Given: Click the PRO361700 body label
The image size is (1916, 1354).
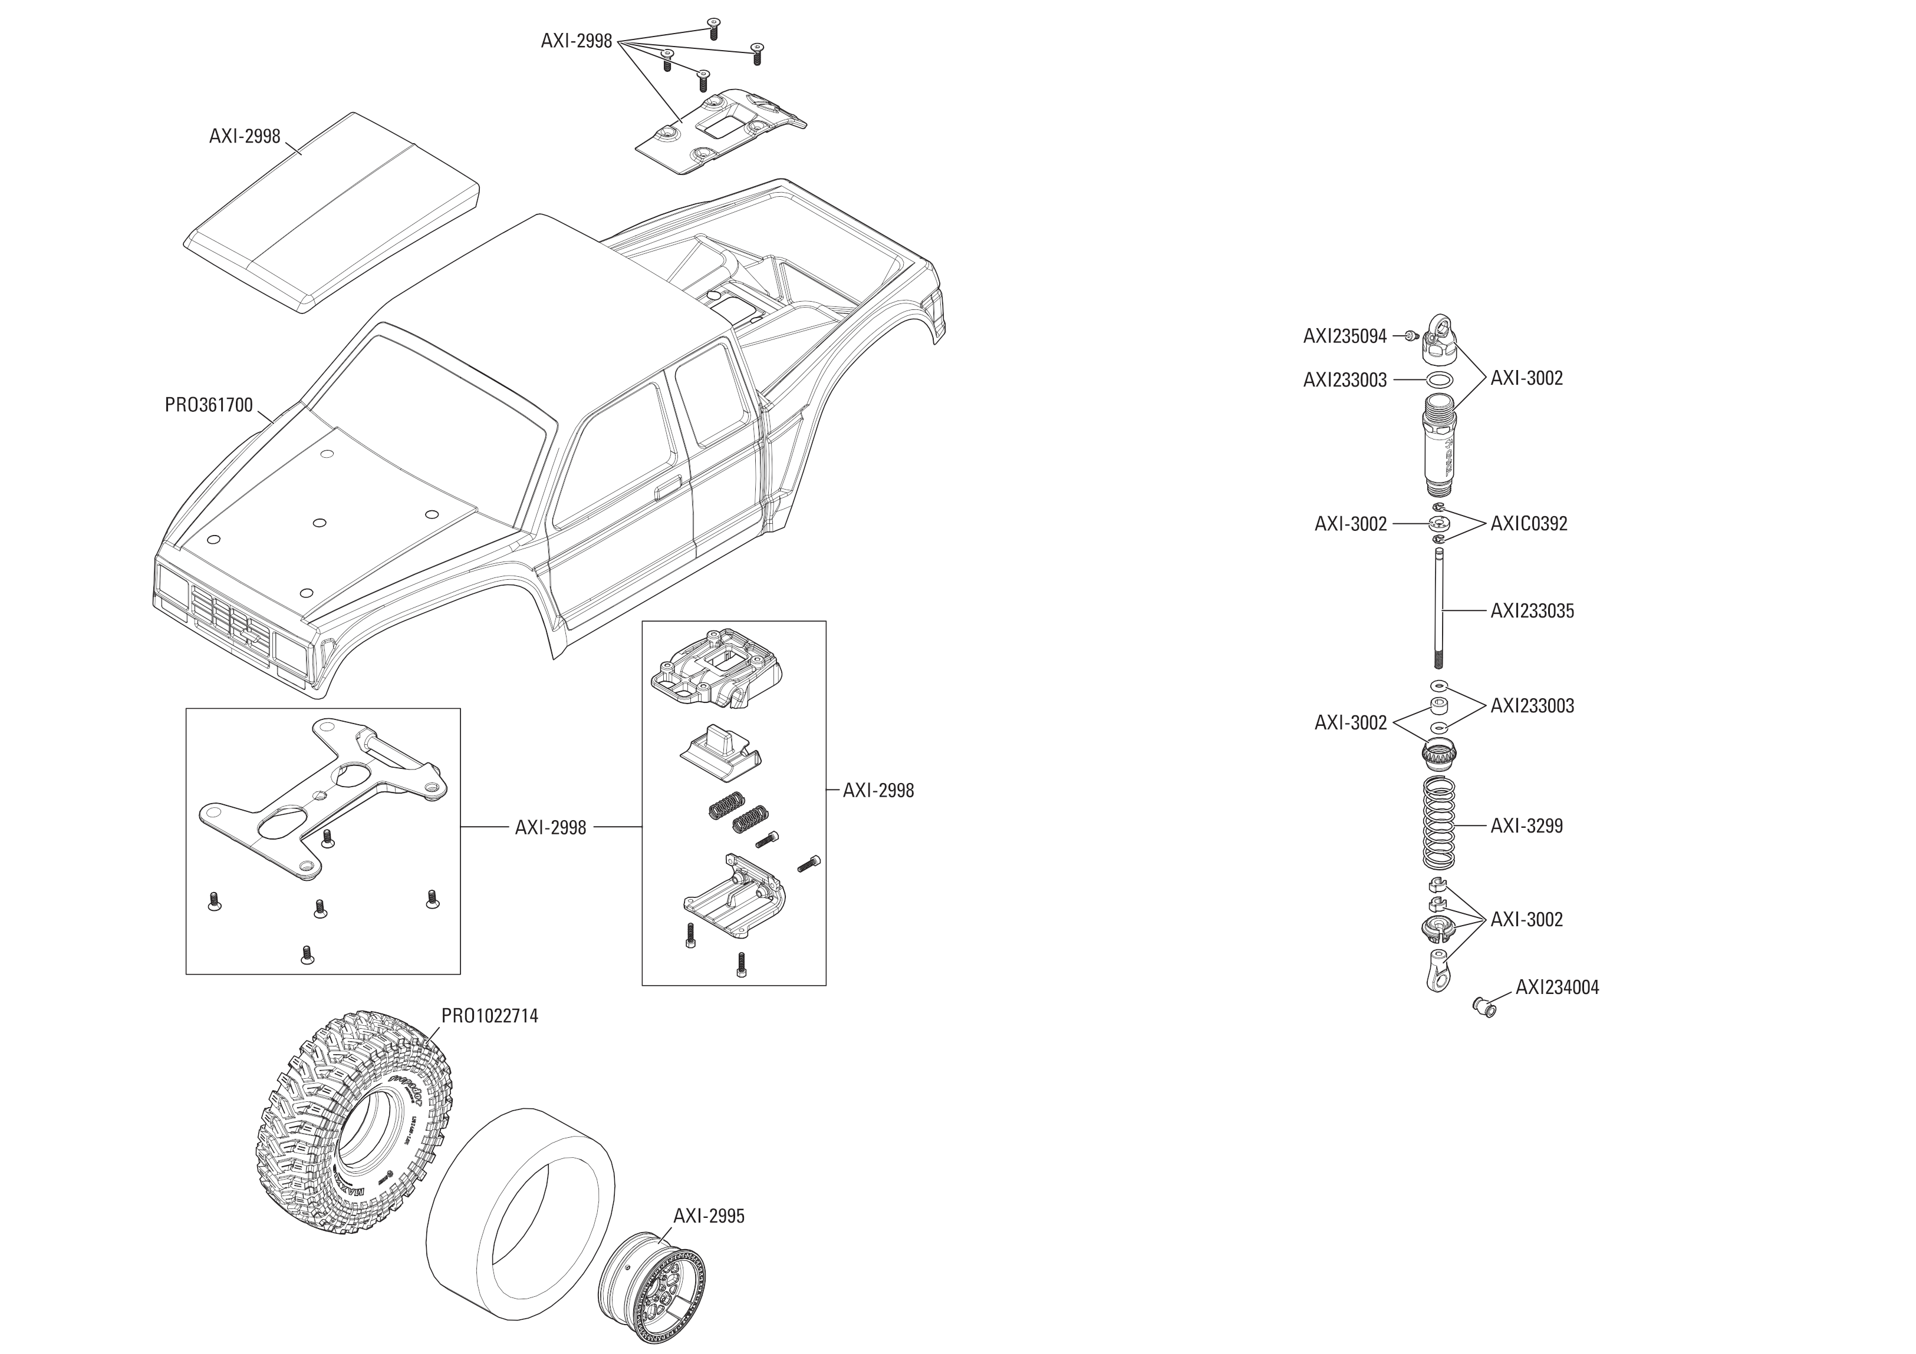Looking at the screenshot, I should tap(209, 405).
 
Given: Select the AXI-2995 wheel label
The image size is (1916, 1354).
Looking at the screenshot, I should tap(709, 1216).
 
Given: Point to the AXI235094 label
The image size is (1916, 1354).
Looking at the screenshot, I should tap(1344, 336).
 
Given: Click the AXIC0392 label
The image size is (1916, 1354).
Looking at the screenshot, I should tap(1529, 524).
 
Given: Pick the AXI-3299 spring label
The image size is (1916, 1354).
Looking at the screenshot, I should tap(1526, 826).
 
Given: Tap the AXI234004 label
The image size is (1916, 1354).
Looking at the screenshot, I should tap(1557, 988).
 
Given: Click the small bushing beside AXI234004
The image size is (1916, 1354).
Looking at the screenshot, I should tap(1486, 1008).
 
